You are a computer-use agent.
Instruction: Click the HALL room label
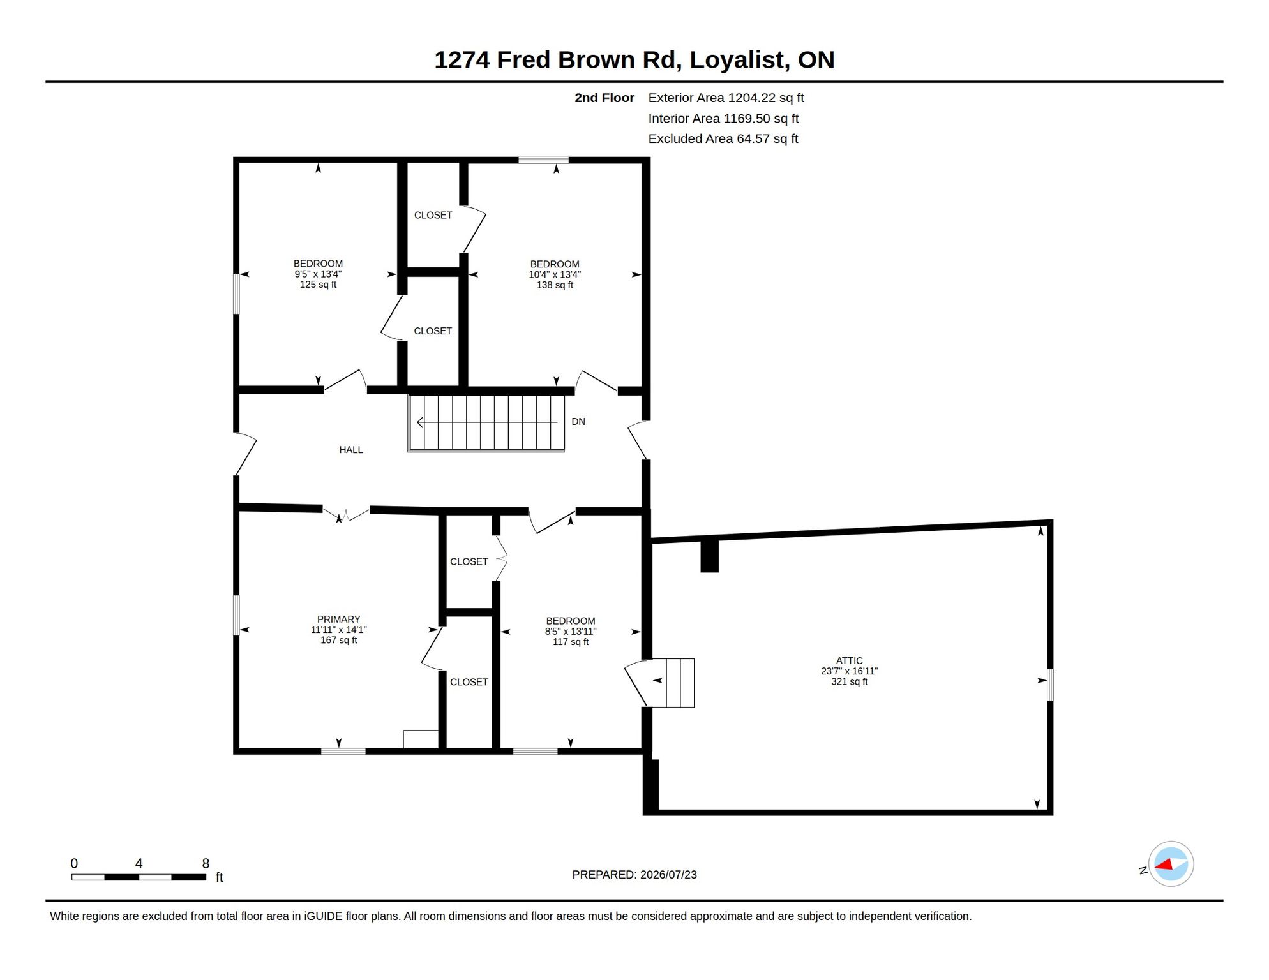350,450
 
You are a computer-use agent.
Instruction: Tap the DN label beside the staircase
578,422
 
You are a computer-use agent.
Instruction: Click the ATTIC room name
849,661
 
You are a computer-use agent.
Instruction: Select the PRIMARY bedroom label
339,620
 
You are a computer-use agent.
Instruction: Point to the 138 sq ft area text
555,285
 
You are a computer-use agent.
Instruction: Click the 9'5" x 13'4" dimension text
318,274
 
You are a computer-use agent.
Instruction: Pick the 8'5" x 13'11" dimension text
571,632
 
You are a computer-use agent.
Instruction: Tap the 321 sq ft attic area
849,682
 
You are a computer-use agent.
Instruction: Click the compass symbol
1171,864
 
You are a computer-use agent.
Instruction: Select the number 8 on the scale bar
206,863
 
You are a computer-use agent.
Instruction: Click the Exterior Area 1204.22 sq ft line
726,98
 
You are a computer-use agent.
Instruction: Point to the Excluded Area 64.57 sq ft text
723,138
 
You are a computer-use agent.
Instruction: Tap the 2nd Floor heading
604,98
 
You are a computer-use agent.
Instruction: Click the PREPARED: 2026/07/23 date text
634,875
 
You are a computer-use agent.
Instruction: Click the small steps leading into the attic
680,683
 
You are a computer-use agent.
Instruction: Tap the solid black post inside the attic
709,556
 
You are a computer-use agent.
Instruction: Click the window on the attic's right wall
1050,685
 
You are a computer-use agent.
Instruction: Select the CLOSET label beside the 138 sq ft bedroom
433,216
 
